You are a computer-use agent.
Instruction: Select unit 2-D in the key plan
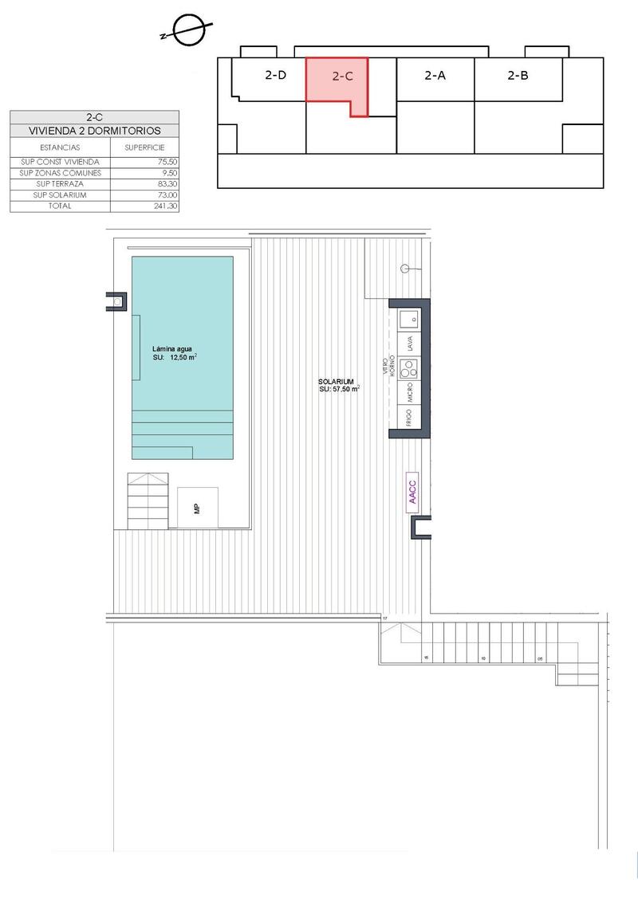(x=275, y=77)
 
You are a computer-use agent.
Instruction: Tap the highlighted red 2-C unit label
(x=342, y=77)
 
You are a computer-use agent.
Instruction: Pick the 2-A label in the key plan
(x=435, y=77)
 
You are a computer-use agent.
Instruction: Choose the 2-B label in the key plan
(x=518, y=77)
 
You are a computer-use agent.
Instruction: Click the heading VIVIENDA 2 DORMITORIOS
(x=95, y=131)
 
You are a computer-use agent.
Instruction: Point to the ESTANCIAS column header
(x=60, y=147)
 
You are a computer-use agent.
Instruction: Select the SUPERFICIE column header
(x=144, y=147)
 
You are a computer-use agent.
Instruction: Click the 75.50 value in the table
(x=167, y=162)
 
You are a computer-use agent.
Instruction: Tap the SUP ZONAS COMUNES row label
(x=61, y=173)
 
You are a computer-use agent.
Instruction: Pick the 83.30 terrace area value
(x=167, y=184)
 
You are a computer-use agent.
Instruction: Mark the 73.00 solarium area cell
(x=167, y=195)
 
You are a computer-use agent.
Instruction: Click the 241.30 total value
(x=165, y=206)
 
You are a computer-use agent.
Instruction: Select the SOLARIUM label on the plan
(x=338, y=382)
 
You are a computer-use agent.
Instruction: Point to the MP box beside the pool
(x=197, y=508)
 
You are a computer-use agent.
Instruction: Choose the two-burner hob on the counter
(x=410, y=369)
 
